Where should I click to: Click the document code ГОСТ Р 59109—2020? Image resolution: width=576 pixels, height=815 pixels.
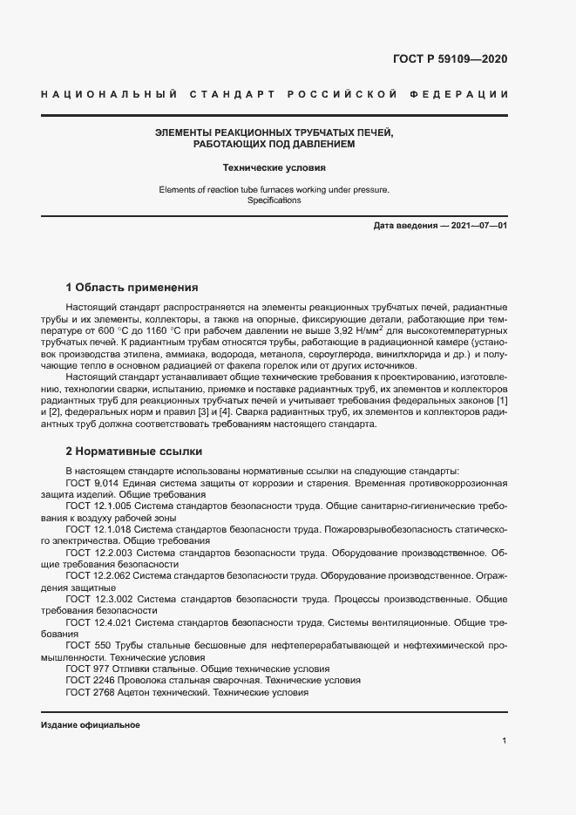pyautogui.click(x=444, y=59)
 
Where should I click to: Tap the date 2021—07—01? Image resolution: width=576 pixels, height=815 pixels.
pyautogui.click(x=478, y=226)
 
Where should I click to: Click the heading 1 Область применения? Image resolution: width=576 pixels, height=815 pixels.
pyautogui.click(x=132, y=287)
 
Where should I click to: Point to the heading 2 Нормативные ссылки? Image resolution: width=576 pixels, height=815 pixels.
pyautogui.click(x=134, y=452)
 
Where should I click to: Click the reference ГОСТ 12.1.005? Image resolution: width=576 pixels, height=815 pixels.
pyautogui.click(x=98, y=506)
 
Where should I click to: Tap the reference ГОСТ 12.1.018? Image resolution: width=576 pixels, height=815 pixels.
pyautogui.click(x=98, y=529)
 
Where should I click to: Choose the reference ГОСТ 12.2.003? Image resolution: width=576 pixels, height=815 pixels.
pyautogui.click(x=98, y=553)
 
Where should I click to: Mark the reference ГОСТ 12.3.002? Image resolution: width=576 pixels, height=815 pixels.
pyautogui.click(x=98, y=600)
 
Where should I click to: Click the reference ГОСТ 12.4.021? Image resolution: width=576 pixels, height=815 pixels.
pyautogui.click(x=98, y=623)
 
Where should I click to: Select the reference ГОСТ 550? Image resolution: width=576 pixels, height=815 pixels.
pyautogui.click(x=85, y=647)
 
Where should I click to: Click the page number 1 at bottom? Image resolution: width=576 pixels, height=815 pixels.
pyautogui.click(x=505, y=740)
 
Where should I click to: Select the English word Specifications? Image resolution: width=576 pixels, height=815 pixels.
pyautogui.click(x=274, y=200)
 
